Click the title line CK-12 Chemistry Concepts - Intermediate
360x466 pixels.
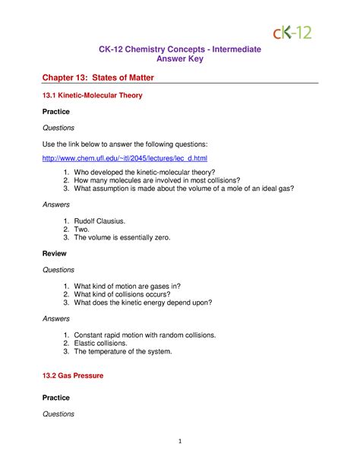coord(180,49)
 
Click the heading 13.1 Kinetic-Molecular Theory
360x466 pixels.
coord(92,97)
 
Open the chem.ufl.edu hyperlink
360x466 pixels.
coord(124,157)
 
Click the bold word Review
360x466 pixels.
coord(54,253)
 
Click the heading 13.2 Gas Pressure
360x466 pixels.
coord(72,376)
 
